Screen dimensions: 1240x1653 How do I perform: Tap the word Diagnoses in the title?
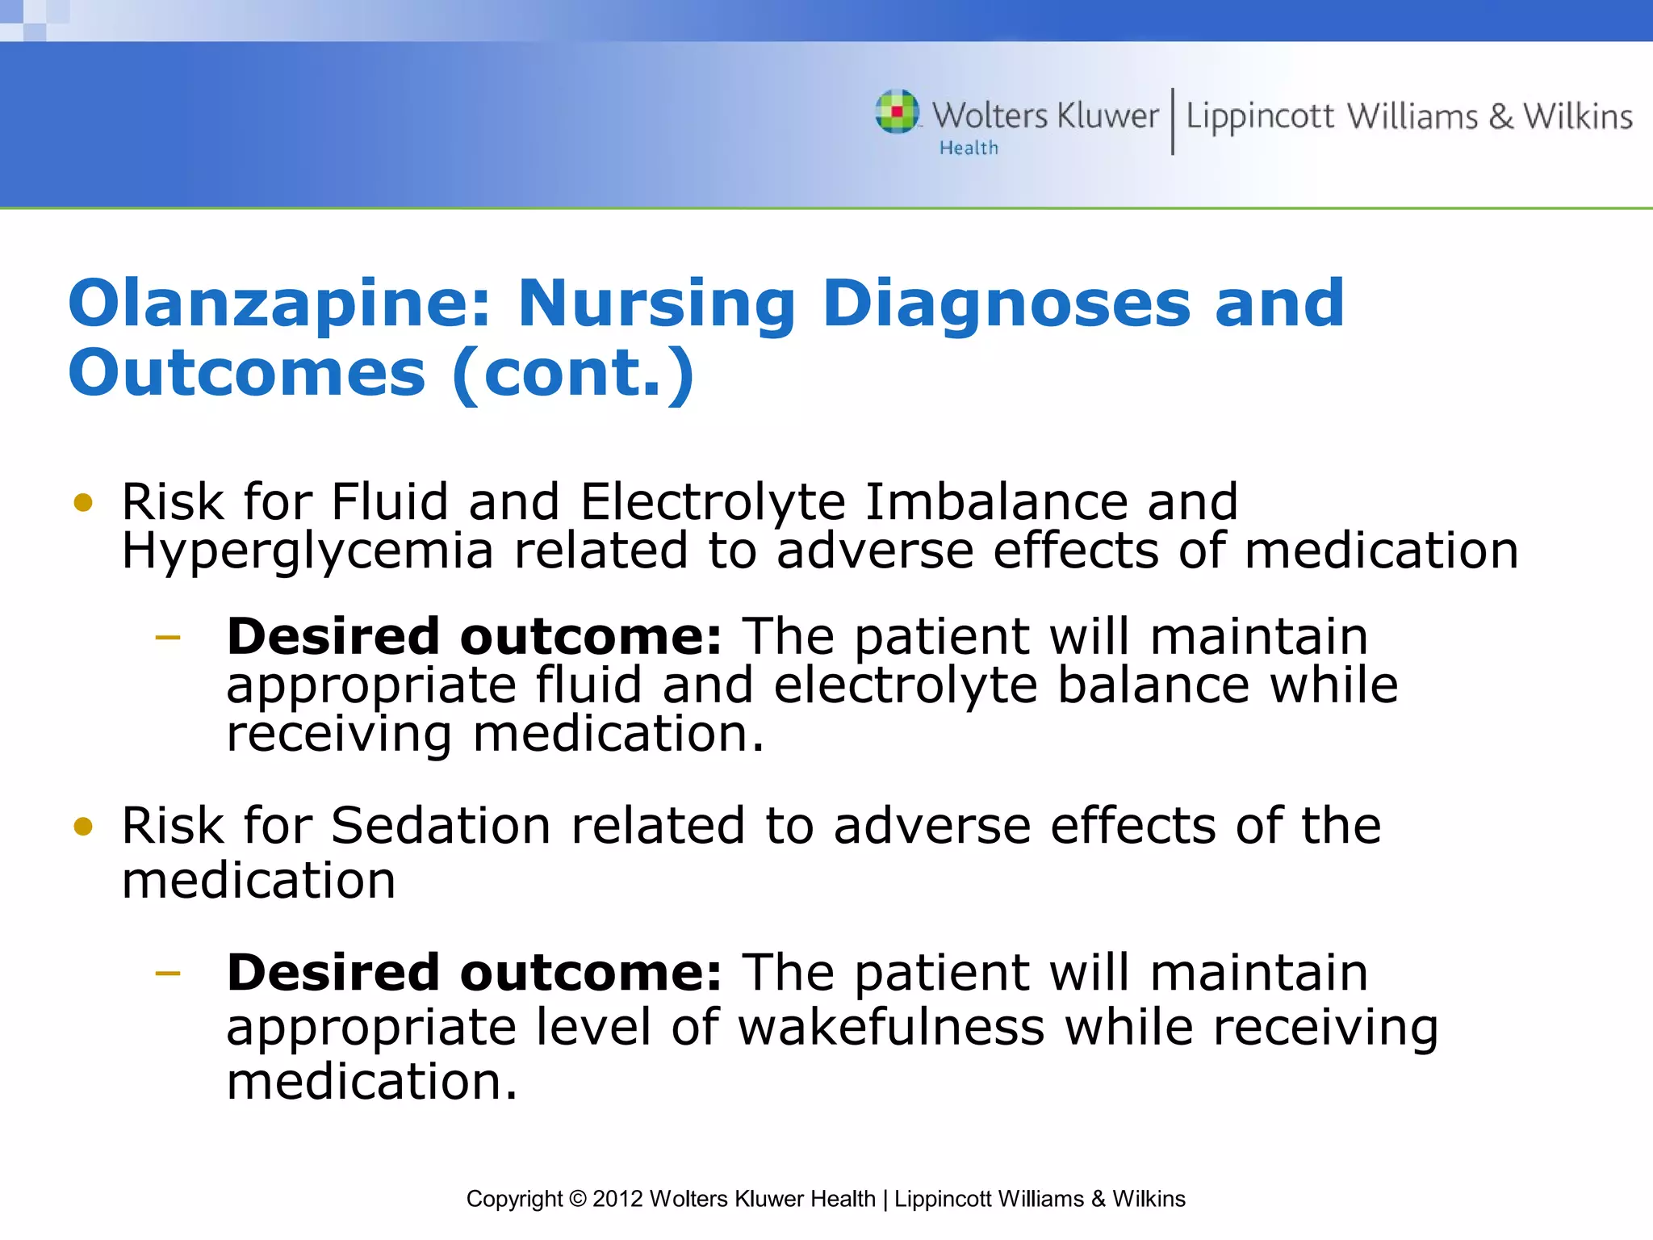[1006, 305]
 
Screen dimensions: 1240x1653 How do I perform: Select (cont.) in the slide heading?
[573, 375]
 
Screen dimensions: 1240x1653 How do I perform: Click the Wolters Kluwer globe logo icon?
[897, 111]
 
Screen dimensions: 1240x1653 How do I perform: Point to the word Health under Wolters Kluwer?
[968, 149]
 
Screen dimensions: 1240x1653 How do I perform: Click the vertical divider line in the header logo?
[1173, 121]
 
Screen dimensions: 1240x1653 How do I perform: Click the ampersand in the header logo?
[1500, 117]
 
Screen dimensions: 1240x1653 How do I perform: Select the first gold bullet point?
[83, 503]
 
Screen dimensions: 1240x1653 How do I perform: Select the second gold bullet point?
[83, 827]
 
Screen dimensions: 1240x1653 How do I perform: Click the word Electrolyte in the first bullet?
[713, 502]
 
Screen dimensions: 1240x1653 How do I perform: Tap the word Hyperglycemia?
[308, 551]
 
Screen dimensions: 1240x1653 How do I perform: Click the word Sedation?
[441, 826]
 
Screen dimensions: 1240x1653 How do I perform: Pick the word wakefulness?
[891, 1028]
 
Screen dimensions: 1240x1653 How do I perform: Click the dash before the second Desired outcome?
[168, 974]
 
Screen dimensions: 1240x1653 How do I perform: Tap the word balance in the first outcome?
[1153, 685]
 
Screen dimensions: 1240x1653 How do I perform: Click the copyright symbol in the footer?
[577, 1200]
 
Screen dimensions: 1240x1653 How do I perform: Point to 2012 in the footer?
[617, 1200]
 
